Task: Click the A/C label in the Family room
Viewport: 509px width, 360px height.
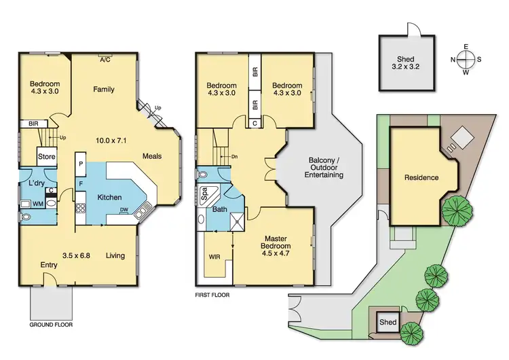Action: pyautogui.click(x=105, y=60)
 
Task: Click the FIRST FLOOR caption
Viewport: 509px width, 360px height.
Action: pyautogui.click(x=212, y=295)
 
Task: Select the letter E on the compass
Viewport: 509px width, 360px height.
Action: pyautogui.click(x=466, y=47)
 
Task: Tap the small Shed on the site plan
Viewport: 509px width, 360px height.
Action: pyautogui.click(x=388, y=322)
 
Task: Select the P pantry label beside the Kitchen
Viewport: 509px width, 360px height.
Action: pyautogui.click(x=81, y=165)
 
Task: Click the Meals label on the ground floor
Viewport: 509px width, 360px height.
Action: pyautogui.click(x=152, y=156)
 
